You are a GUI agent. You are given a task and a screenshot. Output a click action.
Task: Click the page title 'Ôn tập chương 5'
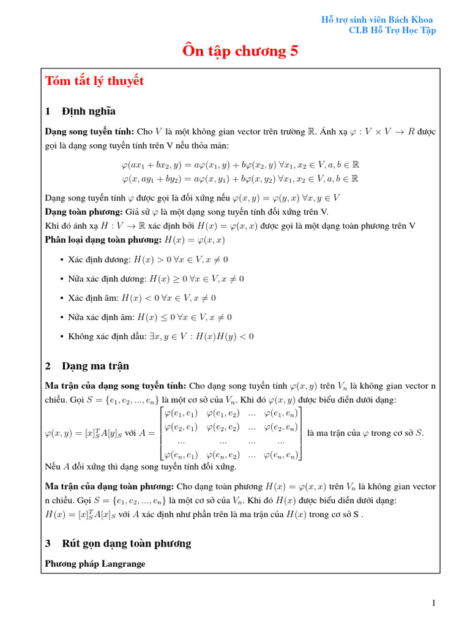click(x=240, y=51)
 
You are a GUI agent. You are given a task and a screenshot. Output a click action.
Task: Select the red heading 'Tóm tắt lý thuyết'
click(x=95, y=81)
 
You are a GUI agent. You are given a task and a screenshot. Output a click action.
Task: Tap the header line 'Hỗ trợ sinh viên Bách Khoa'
click(x=378, y=20)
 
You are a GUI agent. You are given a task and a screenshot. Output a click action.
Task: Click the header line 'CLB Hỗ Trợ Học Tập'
click(x=392, y=31)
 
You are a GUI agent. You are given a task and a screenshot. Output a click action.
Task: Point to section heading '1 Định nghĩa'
click(x=80, y=111)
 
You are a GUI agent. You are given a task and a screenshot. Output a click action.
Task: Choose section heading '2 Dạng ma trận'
click(x=87, y=366)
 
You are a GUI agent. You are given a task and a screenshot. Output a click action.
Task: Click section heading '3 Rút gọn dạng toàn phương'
click(x=118, y=543)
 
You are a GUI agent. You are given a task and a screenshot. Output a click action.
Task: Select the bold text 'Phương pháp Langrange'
click(x=95, y=564)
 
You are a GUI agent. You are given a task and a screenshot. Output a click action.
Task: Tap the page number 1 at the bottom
click(x=434, y=603)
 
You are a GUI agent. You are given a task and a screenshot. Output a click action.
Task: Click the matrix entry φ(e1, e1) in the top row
click(x=181, y=414)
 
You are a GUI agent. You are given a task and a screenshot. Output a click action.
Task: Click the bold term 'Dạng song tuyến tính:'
click(x=90, y=131)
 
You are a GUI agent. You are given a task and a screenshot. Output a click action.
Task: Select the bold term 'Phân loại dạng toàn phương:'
click(x=96, y=239)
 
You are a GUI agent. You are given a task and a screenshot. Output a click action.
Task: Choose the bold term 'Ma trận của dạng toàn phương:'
click(x=110, y=487)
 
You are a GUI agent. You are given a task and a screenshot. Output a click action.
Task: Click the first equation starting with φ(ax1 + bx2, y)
click(x=240, y=164)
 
